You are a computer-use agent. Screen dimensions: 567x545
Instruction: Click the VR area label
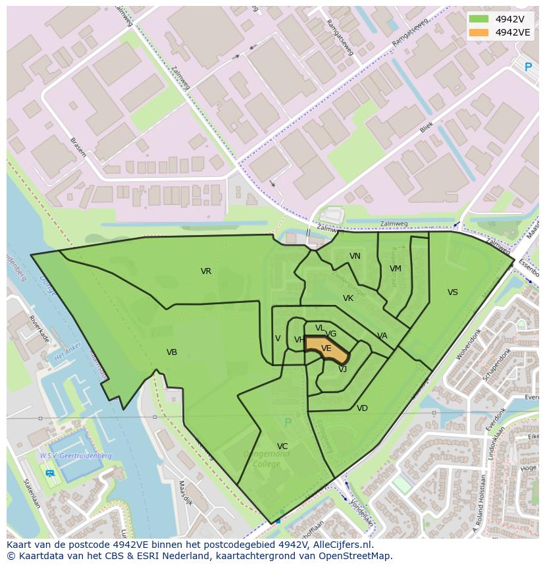[206, 271]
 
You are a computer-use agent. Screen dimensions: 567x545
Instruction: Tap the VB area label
[172, 352]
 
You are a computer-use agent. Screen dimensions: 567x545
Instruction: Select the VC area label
[282, 446]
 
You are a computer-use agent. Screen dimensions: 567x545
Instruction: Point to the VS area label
[453, 292]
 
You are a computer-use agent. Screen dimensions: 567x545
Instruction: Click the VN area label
[355, 256]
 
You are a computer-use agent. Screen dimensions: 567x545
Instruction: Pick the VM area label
[396, 269]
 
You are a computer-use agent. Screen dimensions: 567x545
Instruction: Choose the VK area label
[348, 298]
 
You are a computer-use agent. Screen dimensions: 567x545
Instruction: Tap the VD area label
[362, 408]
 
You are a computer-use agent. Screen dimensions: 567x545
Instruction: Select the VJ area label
[342, 369]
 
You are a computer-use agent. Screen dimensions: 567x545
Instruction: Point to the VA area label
[382, 336]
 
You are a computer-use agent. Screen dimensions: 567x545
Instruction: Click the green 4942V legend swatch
[479, 19]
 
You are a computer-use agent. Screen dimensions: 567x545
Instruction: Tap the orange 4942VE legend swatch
[479, 32]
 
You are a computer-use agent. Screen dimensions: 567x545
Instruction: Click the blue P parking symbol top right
[528, 67]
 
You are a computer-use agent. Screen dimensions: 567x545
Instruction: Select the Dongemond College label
[267, 458]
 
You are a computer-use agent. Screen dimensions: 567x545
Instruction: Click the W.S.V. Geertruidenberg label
[75, 456]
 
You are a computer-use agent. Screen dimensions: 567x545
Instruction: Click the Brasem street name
[78, 147]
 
